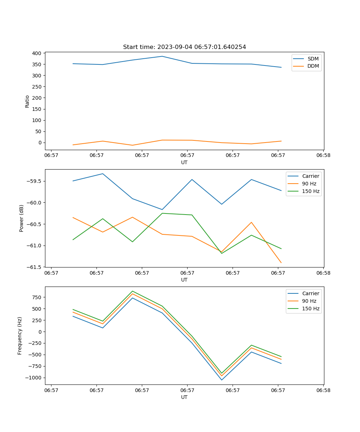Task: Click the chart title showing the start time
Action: coord(184,47)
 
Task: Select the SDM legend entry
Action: coord(313,59)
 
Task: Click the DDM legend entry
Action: coord(313,66)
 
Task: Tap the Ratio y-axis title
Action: coord(27,101)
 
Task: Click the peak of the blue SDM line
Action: coord(162,56)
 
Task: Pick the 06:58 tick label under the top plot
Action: coord(323,156)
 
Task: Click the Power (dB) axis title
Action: coord(22,218)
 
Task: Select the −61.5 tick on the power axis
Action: coord(34,267)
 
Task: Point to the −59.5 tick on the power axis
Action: coord(34,181)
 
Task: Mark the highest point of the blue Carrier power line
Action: coord(103,174)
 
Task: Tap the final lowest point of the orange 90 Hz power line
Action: coord(281,263)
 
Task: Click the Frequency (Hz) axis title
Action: coord(20,336)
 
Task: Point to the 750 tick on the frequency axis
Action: coord(36,297)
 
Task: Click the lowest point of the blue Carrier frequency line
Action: coord(221,380)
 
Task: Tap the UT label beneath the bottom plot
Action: coord(184,397)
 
